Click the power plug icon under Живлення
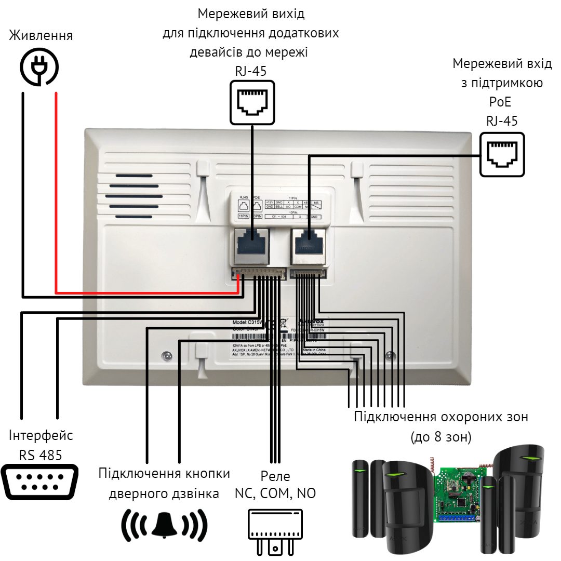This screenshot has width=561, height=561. coord(39,66)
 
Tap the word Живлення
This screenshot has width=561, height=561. coord(42,36)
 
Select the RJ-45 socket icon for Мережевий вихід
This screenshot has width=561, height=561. coord(251,101)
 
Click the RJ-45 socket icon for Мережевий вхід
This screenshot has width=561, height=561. coord(502,154)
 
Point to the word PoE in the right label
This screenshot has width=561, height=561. coord(501,102)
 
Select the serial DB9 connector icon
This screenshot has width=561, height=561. coord(40,482)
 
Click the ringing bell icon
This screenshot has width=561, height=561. coord(164,525)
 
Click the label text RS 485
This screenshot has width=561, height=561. coord(41,455)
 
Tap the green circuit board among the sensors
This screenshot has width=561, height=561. coord(457,493)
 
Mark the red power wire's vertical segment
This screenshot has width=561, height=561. coord(56,192)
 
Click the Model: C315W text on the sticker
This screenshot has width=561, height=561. coord(247,322)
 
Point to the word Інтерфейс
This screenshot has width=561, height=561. coord(41,435)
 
